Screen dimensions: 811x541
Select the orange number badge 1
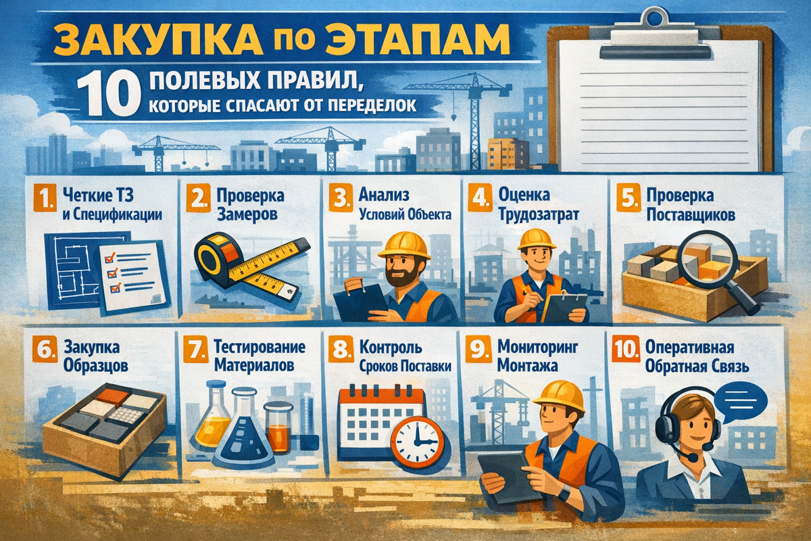click(x=45, y=198)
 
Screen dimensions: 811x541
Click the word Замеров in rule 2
click(x=247, y=214)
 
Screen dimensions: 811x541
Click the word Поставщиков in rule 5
click(x=691, y=216)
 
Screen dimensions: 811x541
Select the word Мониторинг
click(x=538, y=347)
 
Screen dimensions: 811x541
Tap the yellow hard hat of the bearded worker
click(x=404, y=245)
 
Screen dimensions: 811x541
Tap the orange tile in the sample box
click(x=112, y=395)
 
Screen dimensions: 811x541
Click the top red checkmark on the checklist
click(x=109, y=258)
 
